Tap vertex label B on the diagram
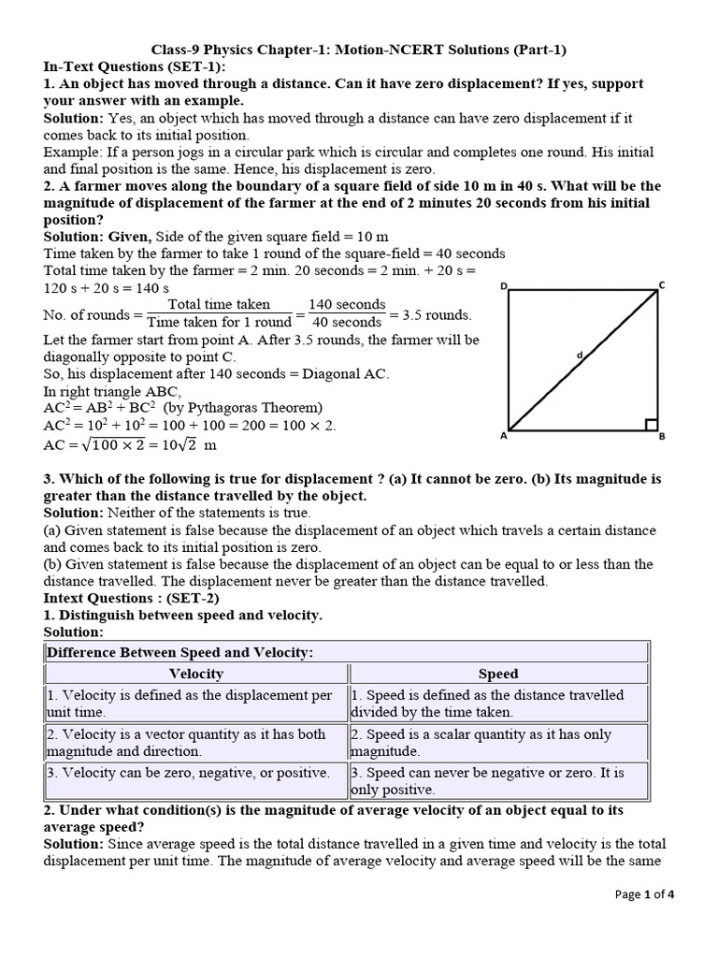pyautogui.click(x=663, y=436)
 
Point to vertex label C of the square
pyautogui.click(x=662, y=284)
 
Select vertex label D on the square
pyautogui.click(x=504, y=285)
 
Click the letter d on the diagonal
pyautogui.click(x=579, y=355)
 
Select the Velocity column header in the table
pyautogui.click(x=196, y=674)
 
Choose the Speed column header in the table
pyautogui.click(x=497, y=674)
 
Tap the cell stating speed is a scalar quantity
pyautogui.click(x=497, y=743)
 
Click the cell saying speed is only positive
pyautogui.click(x=497, y=781)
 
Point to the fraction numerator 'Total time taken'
pyautogui.click(x=219, y=304)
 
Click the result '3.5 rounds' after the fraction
pyautogui.click(x=431, y=314)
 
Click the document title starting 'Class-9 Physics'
pyautogui.click(x=359, y=50)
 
